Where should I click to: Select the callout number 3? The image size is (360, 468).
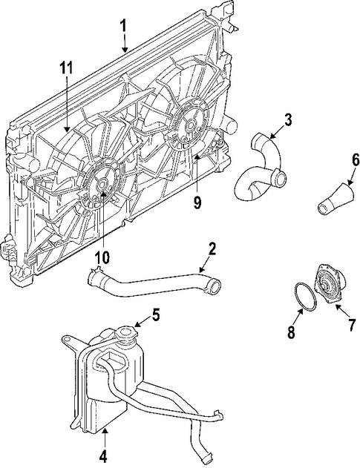288,118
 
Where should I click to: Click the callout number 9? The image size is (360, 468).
197,202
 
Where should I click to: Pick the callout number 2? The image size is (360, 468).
212,248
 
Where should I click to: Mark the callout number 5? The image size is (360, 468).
155,314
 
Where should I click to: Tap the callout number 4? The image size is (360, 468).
103,455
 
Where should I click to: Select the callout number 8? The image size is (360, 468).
291,333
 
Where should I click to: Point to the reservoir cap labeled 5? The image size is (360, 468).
130,331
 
